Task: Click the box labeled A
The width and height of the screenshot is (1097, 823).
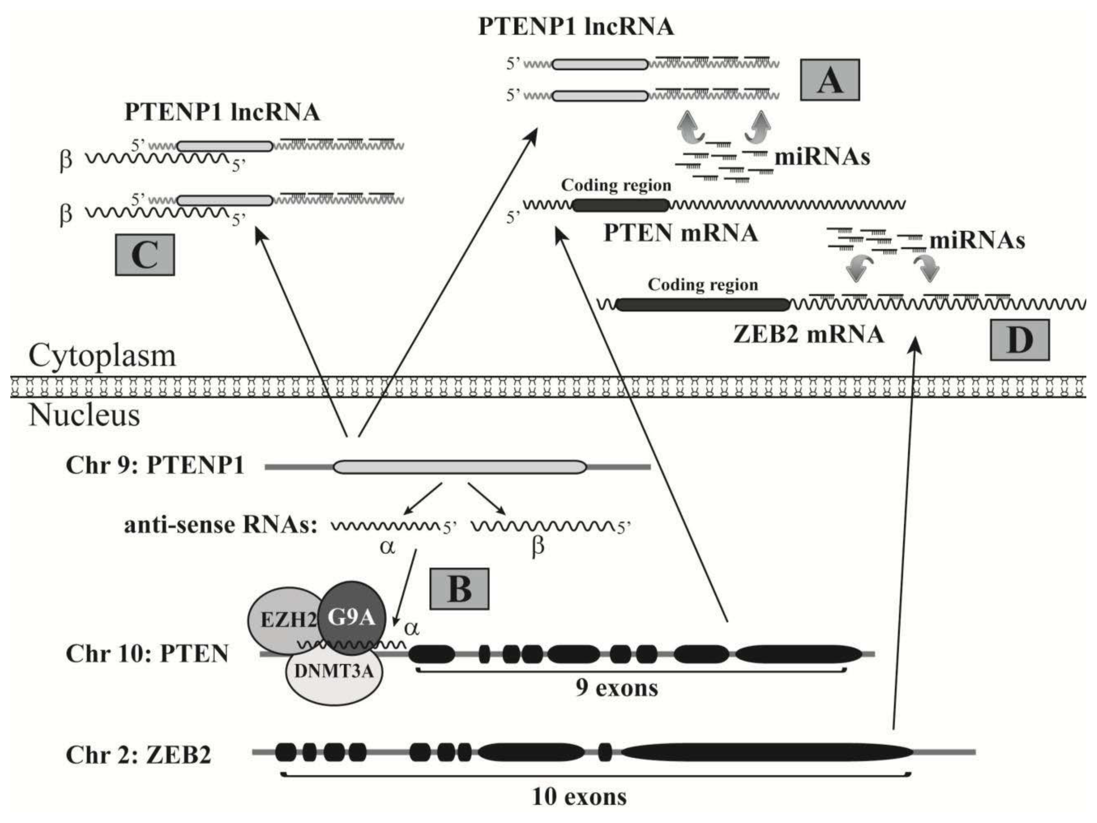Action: (830, 80)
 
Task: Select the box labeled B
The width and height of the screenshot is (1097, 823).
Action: (459, 589)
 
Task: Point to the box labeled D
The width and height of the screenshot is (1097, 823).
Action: (1020, 340)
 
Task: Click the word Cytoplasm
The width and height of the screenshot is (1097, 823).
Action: (102, 356)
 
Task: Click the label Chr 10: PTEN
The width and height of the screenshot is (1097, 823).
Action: (147, 654)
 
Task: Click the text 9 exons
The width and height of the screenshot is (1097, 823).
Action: (617, 688)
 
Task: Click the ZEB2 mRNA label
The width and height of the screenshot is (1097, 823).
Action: (808, 334)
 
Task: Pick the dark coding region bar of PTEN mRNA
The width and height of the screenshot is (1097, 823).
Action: (620, 205)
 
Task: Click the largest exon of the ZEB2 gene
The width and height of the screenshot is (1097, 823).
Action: (766, 752)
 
